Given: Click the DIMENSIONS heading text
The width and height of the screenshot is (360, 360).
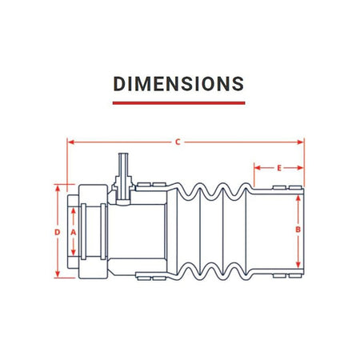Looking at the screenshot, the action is coord(178,84).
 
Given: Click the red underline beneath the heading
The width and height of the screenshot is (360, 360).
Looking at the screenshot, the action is coord(178,103).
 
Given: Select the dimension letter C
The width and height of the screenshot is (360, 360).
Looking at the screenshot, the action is coord(178,142).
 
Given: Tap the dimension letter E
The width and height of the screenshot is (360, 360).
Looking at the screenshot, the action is coord(279,168).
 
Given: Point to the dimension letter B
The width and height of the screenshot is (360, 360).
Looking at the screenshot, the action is coord(298,230).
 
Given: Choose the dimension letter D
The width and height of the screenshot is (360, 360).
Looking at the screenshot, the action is coord(58,232).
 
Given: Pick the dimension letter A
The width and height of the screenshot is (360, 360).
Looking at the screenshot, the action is coord(74,233).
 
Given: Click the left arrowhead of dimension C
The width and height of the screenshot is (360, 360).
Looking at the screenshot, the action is coord(70,142).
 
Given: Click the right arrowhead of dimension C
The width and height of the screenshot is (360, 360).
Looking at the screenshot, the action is coord(301,142).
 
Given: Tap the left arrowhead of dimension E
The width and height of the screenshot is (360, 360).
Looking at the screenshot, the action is coord(257,168).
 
